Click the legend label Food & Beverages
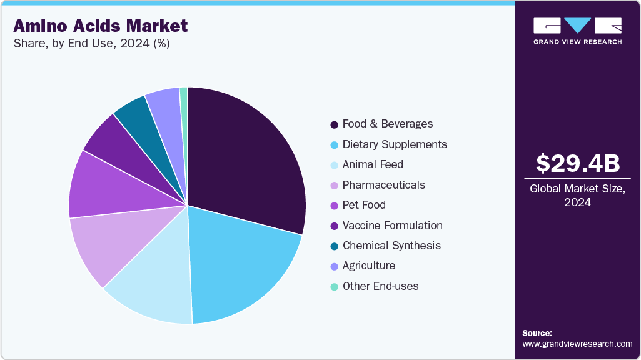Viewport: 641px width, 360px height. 387,124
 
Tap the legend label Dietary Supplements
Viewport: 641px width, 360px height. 395,144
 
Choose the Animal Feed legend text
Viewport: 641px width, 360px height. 373,164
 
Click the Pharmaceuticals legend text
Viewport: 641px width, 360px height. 383,185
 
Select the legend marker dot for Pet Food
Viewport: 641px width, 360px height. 335,206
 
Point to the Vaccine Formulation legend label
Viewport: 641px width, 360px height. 392,226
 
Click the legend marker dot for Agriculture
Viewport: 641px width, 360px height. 335,266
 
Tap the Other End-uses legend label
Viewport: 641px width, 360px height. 380,286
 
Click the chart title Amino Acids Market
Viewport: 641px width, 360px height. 100,26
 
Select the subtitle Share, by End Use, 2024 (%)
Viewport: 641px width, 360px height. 91,44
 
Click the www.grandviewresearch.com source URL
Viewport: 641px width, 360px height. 577,344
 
